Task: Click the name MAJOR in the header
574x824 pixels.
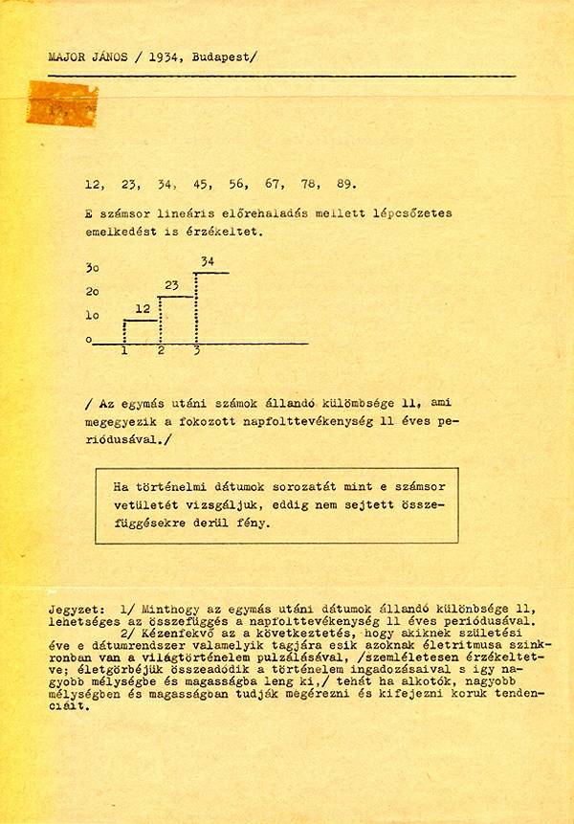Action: click(x=65, y=56)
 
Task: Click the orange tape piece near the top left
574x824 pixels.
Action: click(x=62, y=103)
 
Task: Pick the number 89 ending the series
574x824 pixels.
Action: click(x=346, y=185)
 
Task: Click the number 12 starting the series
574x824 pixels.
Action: click(x=93, y=185)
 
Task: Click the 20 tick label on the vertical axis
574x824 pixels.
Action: click(x=92, y=291)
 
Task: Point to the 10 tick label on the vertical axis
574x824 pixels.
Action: click(x=92, y=315)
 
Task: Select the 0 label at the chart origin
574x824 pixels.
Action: click(x=88, y=339)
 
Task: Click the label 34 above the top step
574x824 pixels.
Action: click(x=208, y=260)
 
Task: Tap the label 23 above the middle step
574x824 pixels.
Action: click(x=172, y=284)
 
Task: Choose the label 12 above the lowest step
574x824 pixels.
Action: click(x=142, y=308)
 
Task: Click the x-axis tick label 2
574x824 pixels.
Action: click(x=161, y=351)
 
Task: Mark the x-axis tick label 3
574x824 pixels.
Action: click(x=196, y=351)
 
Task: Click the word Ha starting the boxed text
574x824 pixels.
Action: click(x=120, y=485)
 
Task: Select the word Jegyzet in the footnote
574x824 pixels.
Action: click(x=74, y=610)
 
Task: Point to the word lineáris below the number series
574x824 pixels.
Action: click(x=182, y=213)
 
